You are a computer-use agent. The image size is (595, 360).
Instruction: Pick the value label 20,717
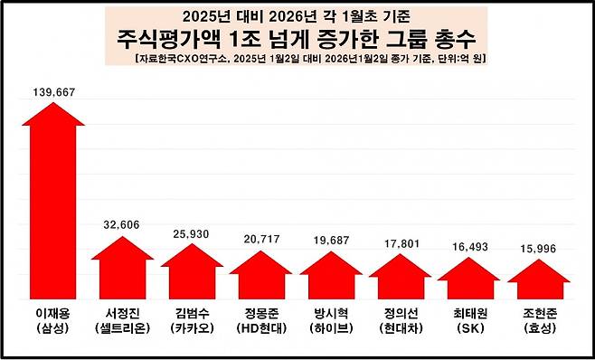[261, 240]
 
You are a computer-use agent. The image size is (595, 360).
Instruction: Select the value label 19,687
[330, 242]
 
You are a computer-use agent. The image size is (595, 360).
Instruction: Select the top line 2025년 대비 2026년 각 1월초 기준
[296, 15]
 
